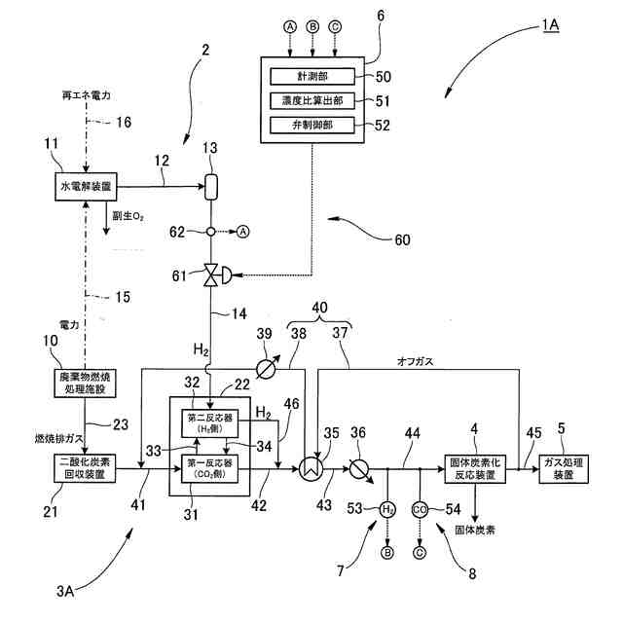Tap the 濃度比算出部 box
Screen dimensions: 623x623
point(313,100)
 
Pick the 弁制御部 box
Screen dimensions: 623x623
point(313,125)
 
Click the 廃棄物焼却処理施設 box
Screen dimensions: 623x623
point(86,383)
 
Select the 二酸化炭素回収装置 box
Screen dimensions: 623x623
point(86,466)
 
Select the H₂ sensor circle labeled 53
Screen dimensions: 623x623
point(386,509)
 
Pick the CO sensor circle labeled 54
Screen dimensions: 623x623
point(420,509)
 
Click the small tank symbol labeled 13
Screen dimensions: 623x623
point(210,185)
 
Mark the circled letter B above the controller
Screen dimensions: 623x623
point(312,27)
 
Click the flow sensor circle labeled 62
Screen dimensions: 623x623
point(210,232)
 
